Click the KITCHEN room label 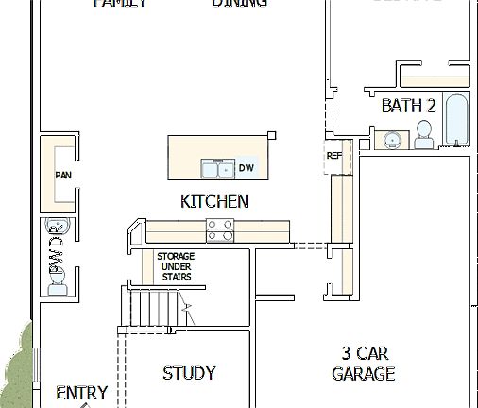click(213, 201)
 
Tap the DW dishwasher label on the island click(246, 168)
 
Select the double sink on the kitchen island click(217, 169)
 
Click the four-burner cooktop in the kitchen click(220, 229)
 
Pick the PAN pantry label click(63, 175)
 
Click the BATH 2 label click(408, 106)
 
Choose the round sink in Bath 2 click(392, 141)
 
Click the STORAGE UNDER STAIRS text click(176, 266)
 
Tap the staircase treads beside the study click(151, 306)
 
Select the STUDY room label click(189, 373)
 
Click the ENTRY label click(82, 392)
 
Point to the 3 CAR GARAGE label click(364, 364)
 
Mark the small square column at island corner click(272, 136)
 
